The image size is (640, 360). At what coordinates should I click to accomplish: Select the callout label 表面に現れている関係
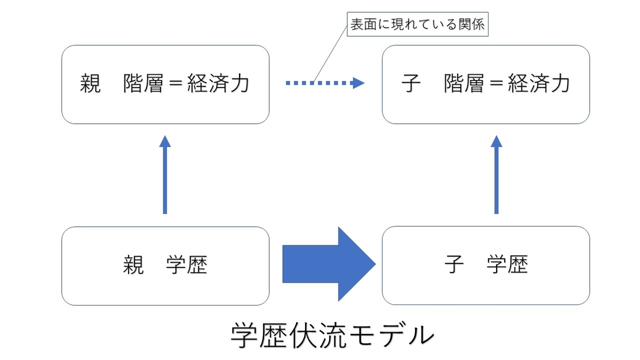(417, 25)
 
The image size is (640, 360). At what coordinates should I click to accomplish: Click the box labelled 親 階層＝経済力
(165, 84)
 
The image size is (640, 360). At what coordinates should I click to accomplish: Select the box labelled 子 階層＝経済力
(485, 84)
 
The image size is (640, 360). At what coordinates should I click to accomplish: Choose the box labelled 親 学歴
(165, 266)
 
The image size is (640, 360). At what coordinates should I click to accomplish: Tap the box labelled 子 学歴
(485, 266)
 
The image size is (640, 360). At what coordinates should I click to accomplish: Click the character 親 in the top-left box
(91, 84)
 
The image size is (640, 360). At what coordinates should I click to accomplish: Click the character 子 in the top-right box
(410, 84)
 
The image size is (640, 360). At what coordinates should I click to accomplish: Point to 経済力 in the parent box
(218, 84)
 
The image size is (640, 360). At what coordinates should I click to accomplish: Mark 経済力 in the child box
(539, 84)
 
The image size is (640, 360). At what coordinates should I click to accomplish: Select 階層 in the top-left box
(143, 84)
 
